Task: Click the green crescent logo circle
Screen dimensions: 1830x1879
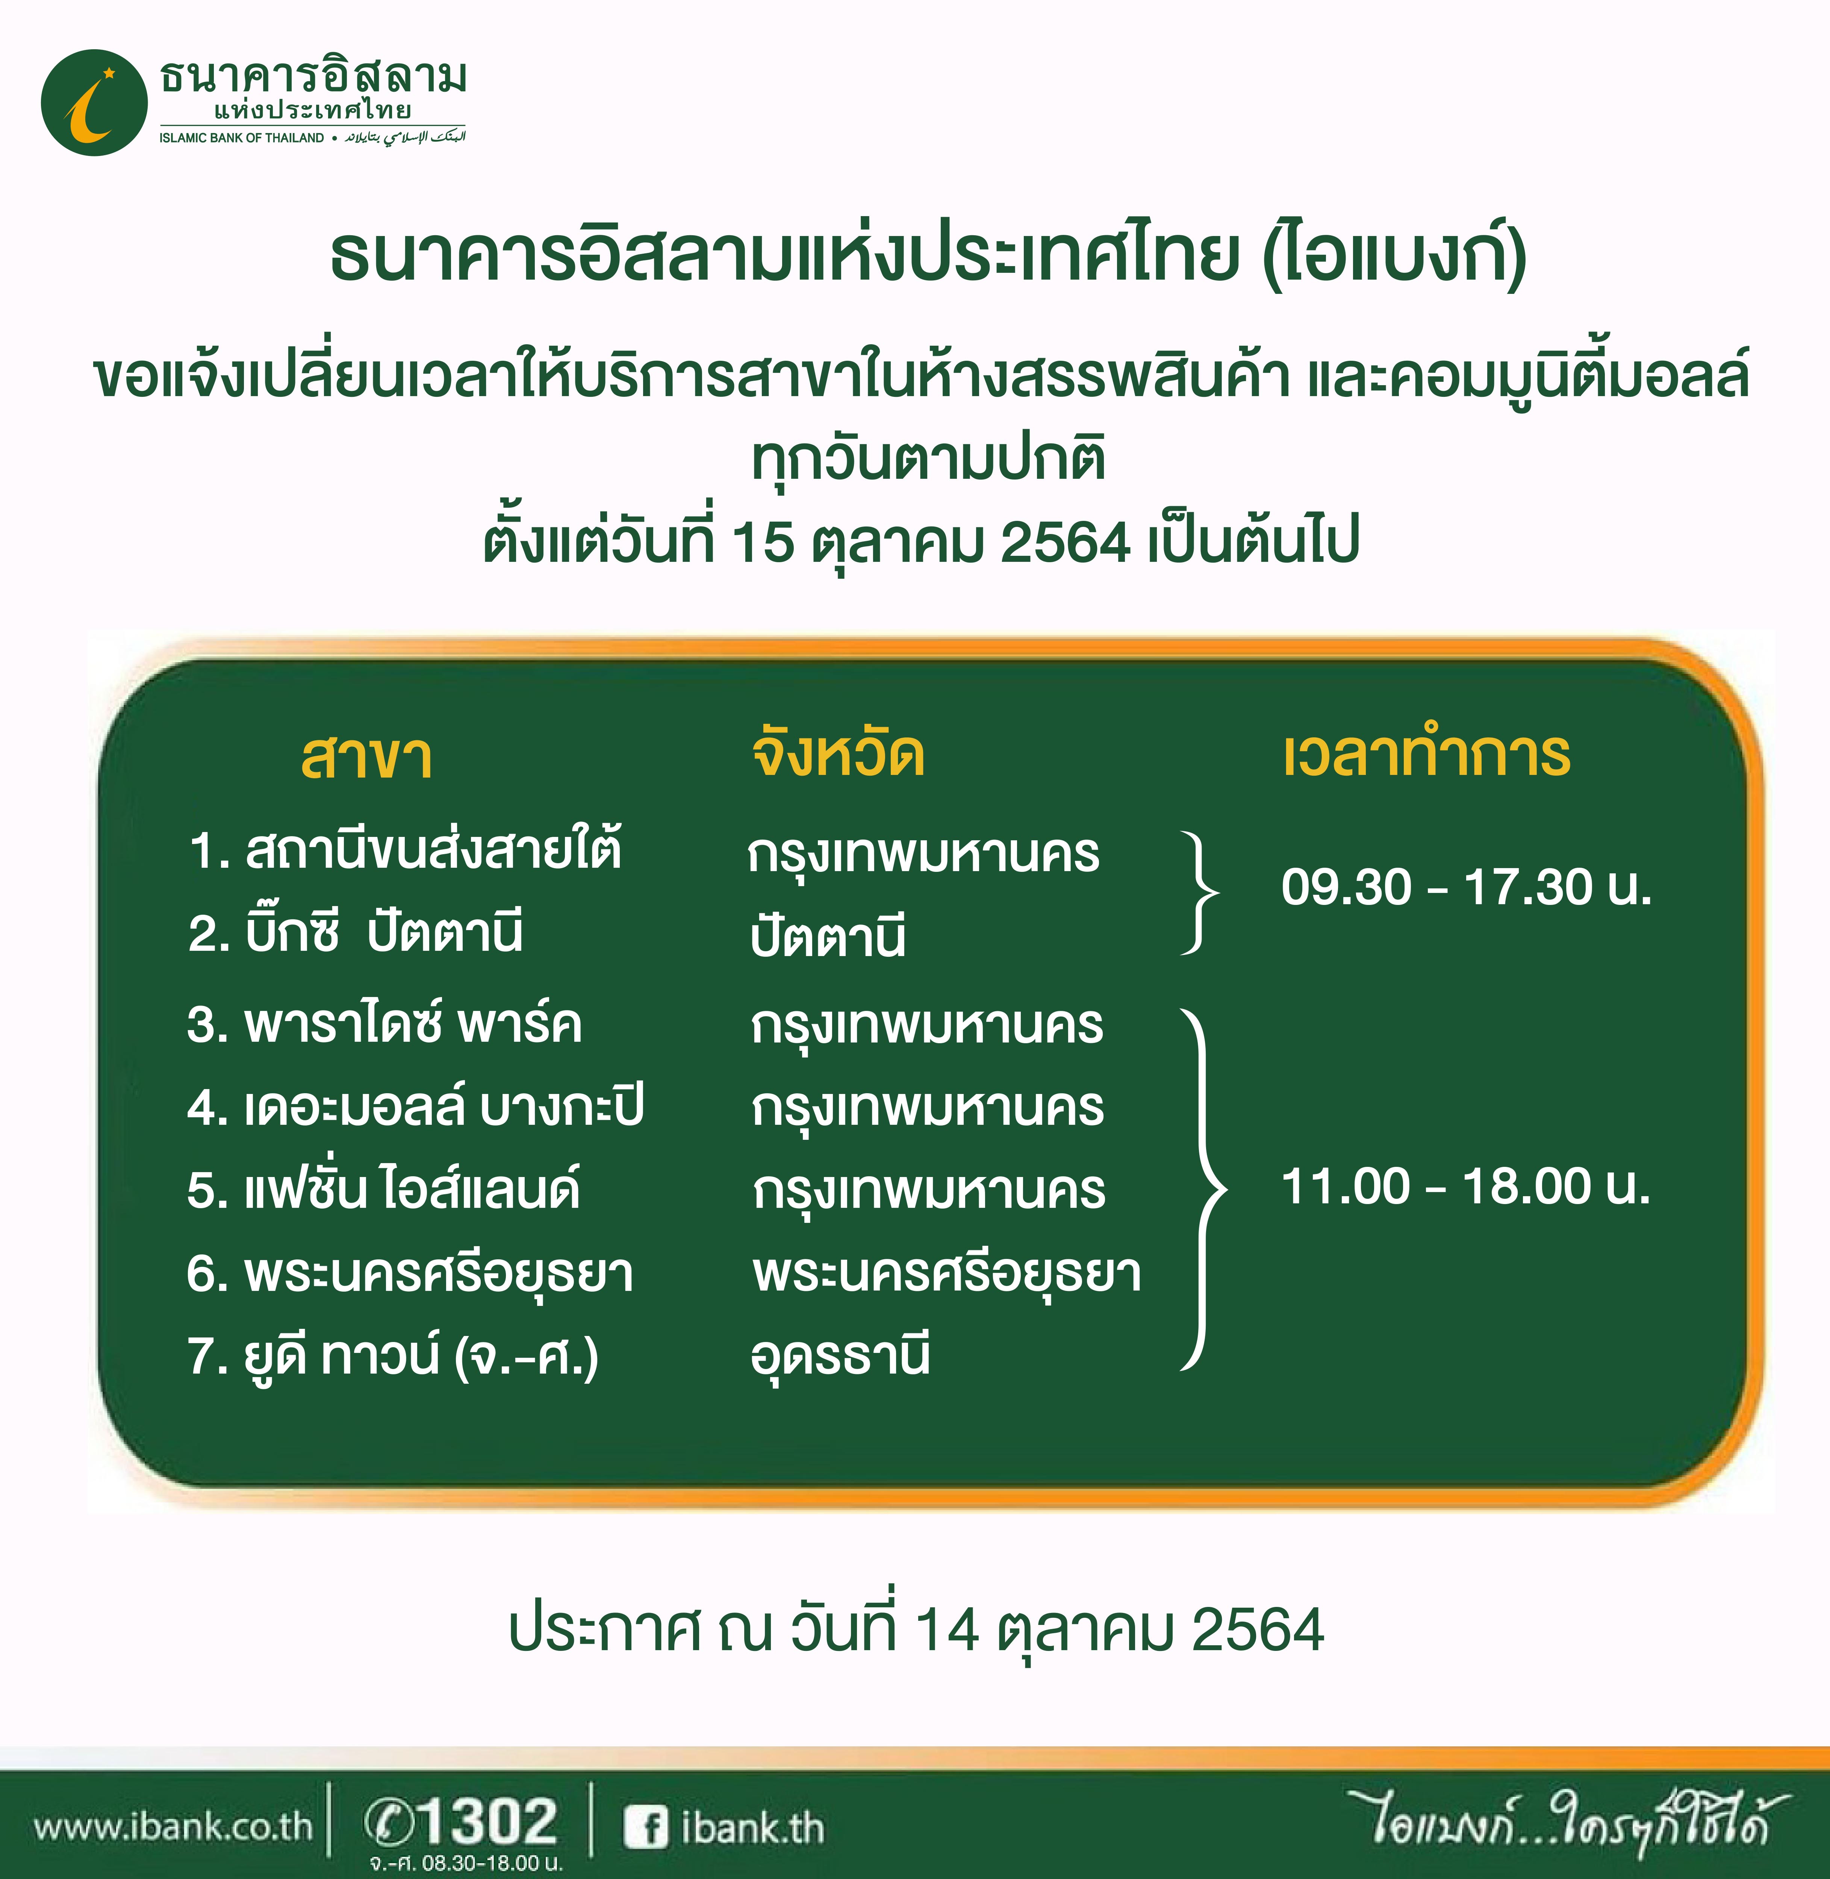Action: pyautogui.click(x=94, y=103)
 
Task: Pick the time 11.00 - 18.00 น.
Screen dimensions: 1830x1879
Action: pyautogui.click(x=1466, y=1186)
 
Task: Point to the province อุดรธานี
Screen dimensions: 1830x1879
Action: pyautogui.click(x=840, y=1355)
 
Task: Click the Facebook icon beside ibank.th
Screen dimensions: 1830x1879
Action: pyautogui.click(x=645, y=1826)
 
